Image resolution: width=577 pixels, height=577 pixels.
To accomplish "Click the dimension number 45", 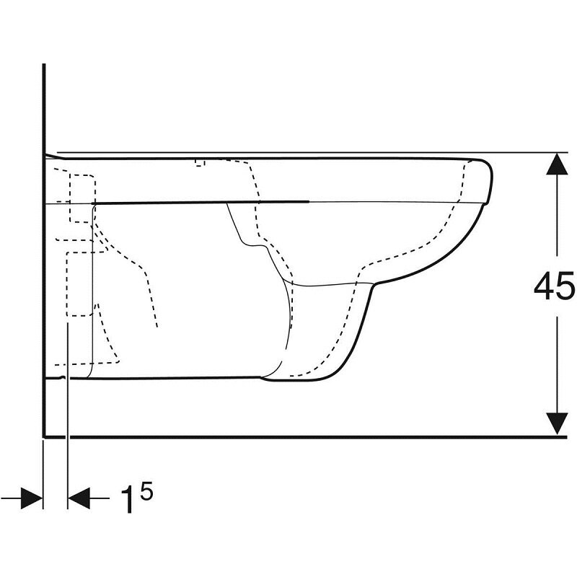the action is point(554,286).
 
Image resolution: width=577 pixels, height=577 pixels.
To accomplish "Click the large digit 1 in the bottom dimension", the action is point(127,499).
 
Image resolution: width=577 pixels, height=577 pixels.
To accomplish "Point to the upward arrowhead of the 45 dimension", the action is point(557,164).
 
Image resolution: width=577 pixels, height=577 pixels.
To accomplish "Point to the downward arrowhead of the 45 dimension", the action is point(557,423).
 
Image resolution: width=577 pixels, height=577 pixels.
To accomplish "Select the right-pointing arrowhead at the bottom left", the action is point(32,498).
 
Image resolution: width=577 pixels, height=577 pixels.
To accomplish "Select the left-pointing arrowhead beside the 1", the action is point(79,498).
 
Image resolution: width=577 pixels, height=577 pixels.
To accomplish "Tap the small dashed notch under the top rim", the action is point(200,163).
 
